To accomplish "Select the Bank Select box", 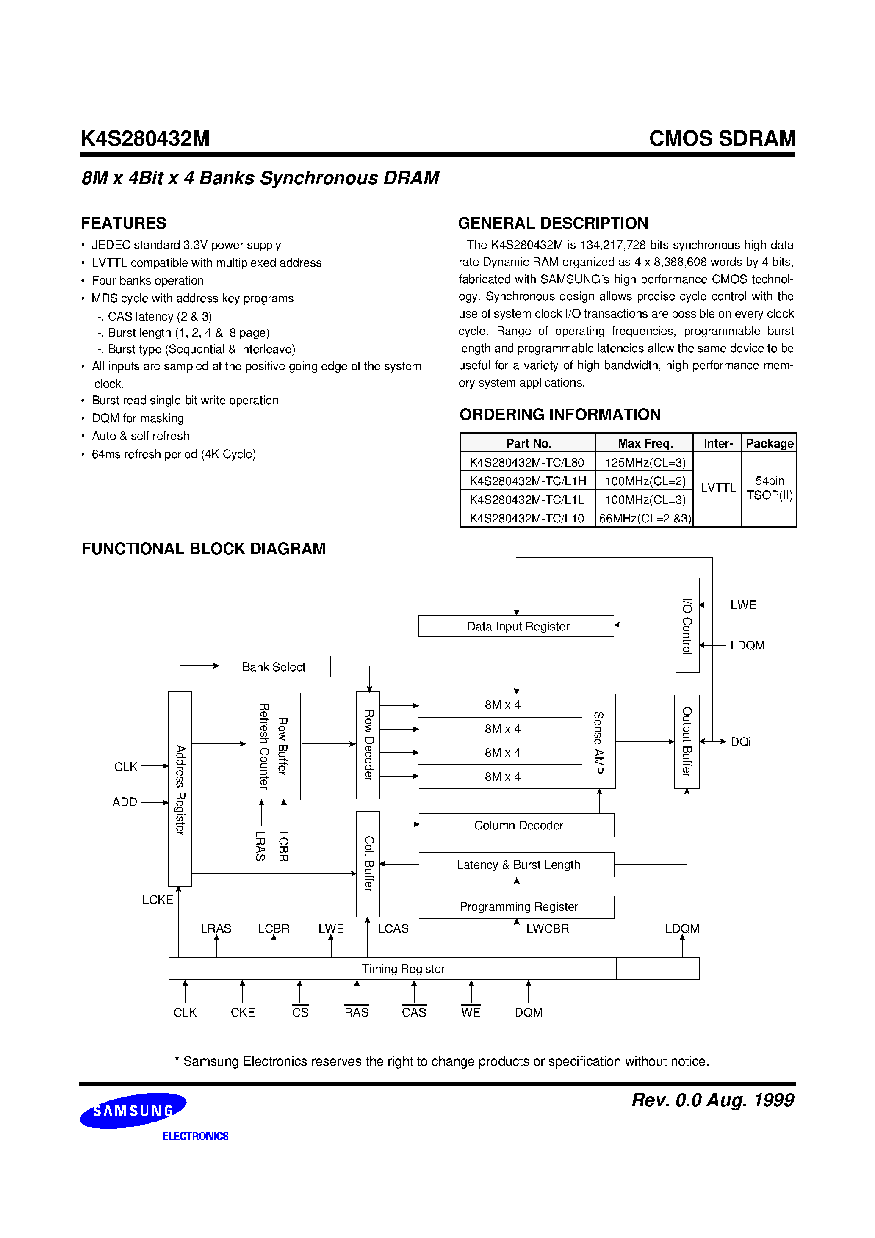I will tap(274, 666).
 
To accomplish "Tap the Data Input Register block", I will tap(516, 626).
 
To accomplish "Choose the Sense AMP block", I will tap(598, 741).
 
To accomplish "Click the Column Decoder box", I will tap(516, 825).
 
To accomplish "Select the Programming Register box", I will tap(516, 906).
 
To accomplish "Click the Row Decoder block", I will tap(368, 745).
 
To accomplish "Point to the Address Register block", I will tap(180, 789).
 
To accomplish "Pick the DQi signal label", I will tap(740, 742).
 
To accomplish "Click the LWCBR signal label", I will tap(547, 928).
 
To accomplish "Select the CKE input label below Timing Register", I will tap(243, 1012).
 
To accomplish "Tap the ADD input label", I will tap(125, 802).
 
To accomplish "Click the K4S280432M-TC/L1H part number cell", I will tap(527, 481).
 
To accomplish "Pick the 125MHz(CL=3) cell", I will tap(645, 462).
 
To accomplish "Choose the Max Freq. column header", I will tap(645, 443).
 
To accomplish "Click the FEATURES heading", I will tap(124, 223).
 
